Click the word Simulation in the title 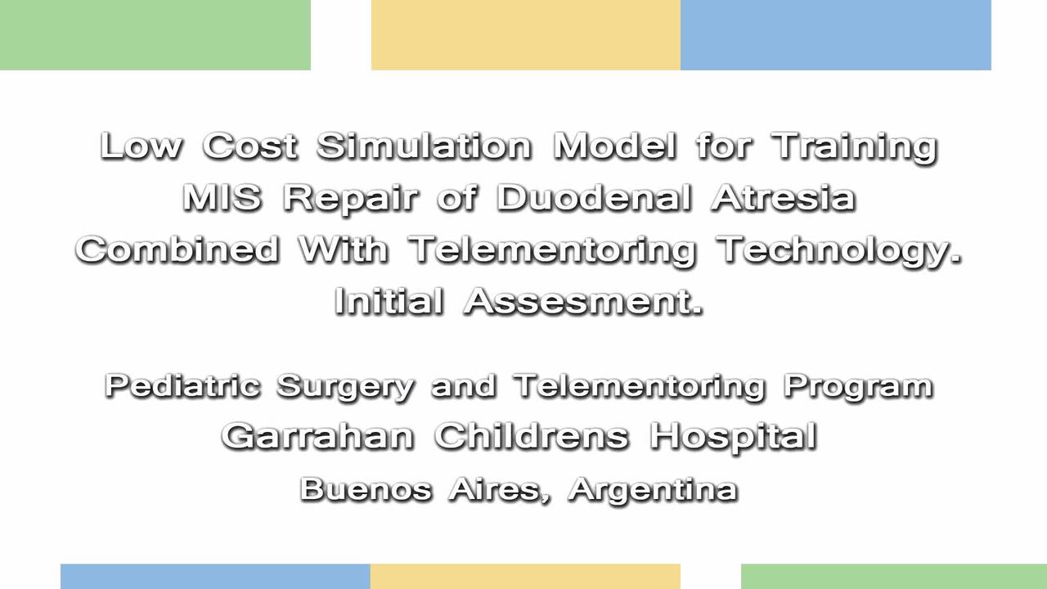(x=424, y=146)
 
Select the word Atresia (x=783, y=198)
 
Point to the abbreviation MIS (x=222, y=198)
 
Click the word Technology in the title (x=839, y=250)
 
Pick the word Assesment (x=583, y=302)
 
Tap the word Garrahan (x=317, y=436)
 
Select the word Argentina (x=653, y=488)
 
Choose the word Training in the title (x=855, y=147)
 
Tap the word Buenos (x=366, y=488)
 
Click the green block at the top (x=155, y=34)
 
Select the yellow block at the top (x=525, y=34)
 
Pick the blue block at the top (x=835, y=34)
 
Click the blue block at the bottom (x=215, y=576)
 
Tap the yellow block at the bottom (x=524, y=576)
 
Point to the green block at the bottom (x=893, y=576)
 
